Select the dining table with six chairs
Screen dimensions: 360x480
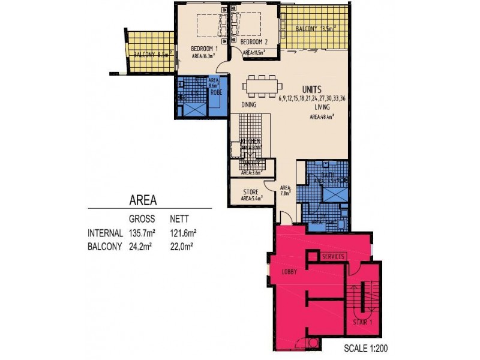[259, 86]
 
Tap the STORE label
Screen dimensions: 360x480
[251, 192]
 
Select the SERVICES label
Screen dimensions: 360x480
[333, 256]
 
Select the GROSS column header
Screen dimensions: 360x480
[142, 219]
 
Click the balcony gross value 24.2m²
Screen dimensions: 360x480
[143, 245]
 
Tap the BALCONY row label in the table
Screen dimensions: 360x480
[106, 245]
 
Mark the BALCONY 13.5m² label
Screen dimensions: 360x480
[315, 28]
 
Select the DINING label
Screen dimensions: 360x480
[249, 105]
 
